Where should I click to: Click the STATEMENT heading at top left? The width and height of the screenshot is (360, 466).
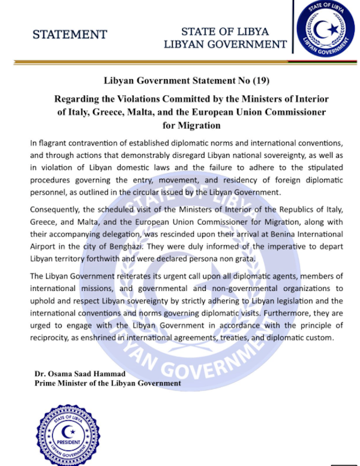(x=70, y=34)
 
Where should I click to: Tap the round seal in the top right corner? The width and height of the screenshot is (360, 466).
(x=326, y=31)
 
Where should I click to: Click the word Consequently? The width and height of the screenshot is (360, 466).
(x=58, y=213)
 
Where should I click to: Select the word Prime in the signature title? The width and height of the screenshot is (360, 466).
(x=46, y=383)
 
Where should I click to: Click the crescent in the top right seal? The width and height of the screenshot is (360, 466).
(x=325, y=29)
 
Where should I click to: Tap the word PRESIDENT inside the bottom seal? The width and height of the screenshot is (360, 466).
(x=68, y=442)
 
